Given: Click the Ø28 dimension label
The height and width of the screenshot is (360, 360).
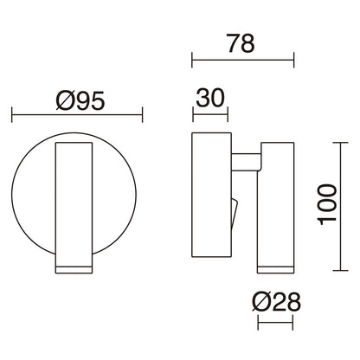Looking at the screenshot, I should pyautogui.click(x=276, y=303).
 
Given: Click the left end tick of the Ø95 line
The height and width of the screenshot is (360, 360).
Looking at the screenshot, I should pyautogui.click(x=11, y=114).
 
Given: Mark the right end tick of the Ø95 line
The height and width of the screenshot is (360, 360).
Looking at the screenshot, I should pyautogui.click(x=141, y=114).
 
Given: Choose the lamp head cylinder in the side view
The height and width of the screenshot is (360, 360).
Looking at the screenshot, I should pyautogui.click(x=275, y=199).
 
